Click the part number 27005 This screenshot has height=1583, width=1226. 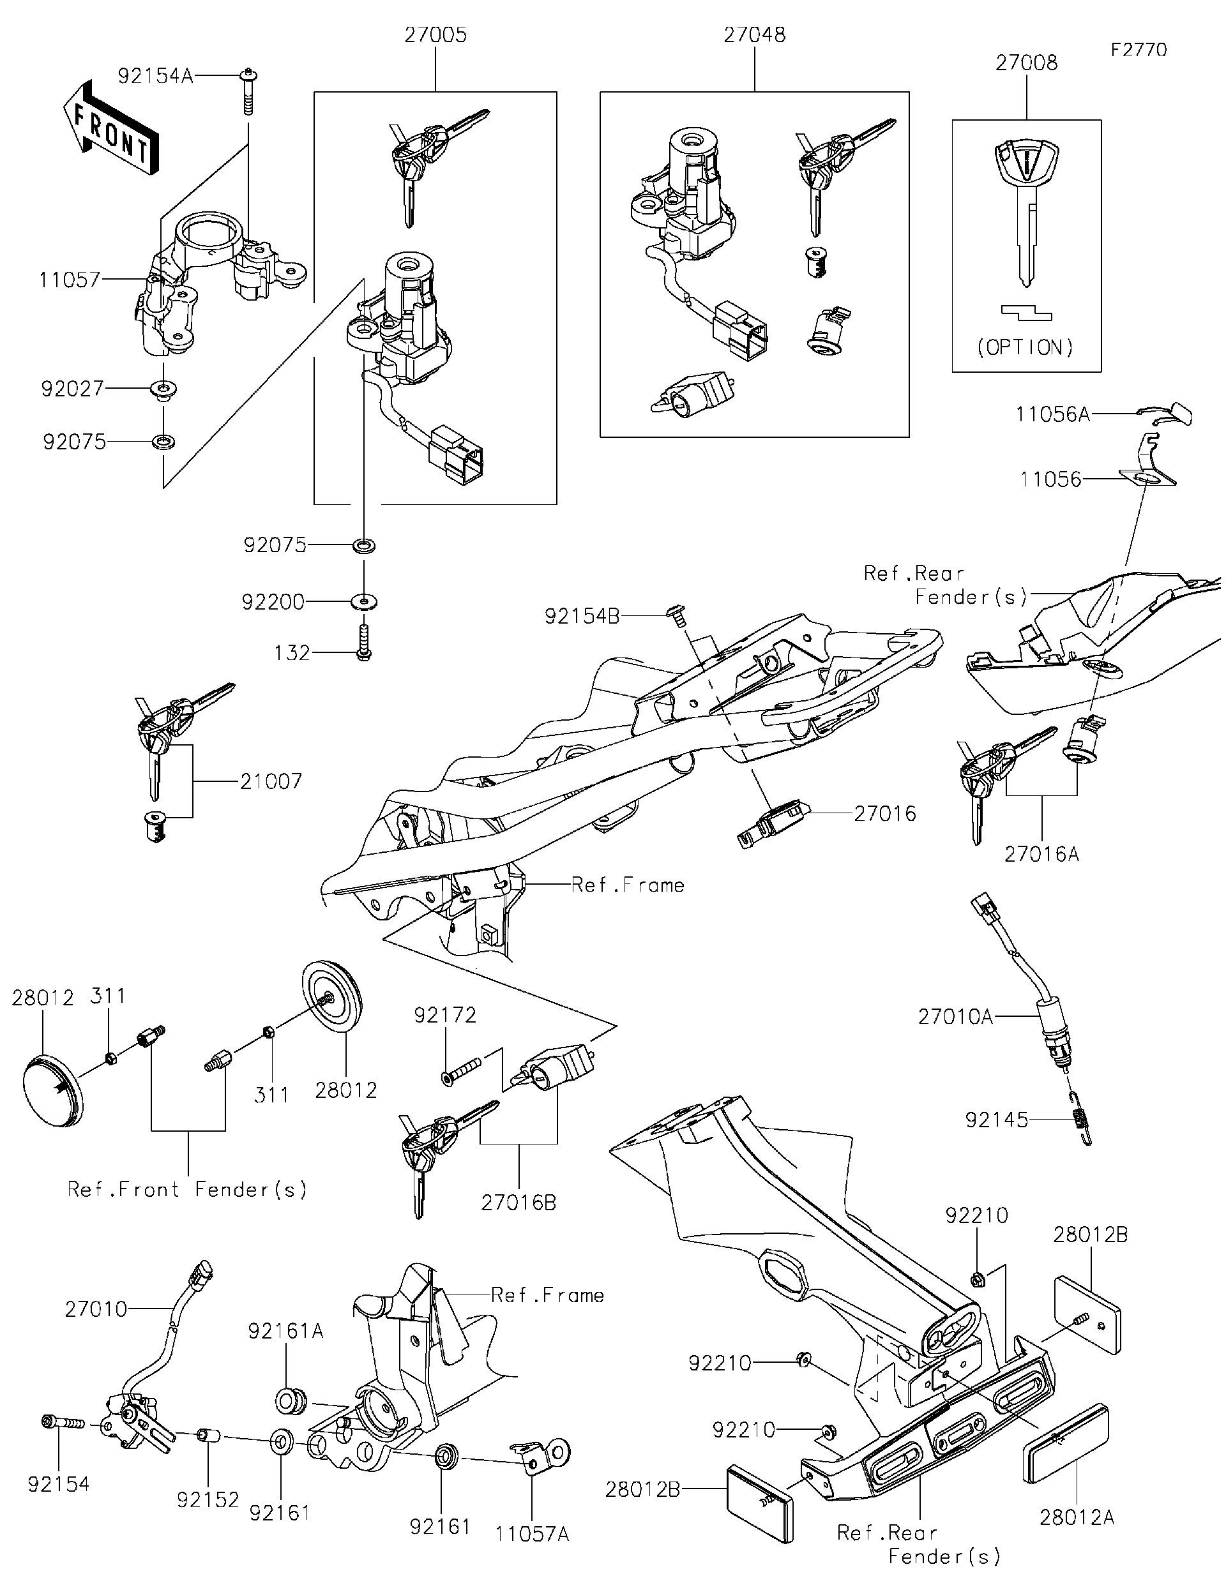click(x=435, y=35)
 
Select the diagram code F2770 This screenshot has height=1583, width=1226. click(x=1139, y=49)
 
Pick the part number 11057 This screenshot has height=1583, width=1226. click(x=70, y=280)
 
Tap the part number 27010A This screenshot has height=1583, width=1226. click(x=955, y=1017)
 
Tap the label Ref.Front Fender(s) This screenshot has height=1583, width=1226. click(x=187, y=1189)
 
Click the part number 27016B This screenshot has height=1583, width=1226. click(x=518, y=1203)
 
